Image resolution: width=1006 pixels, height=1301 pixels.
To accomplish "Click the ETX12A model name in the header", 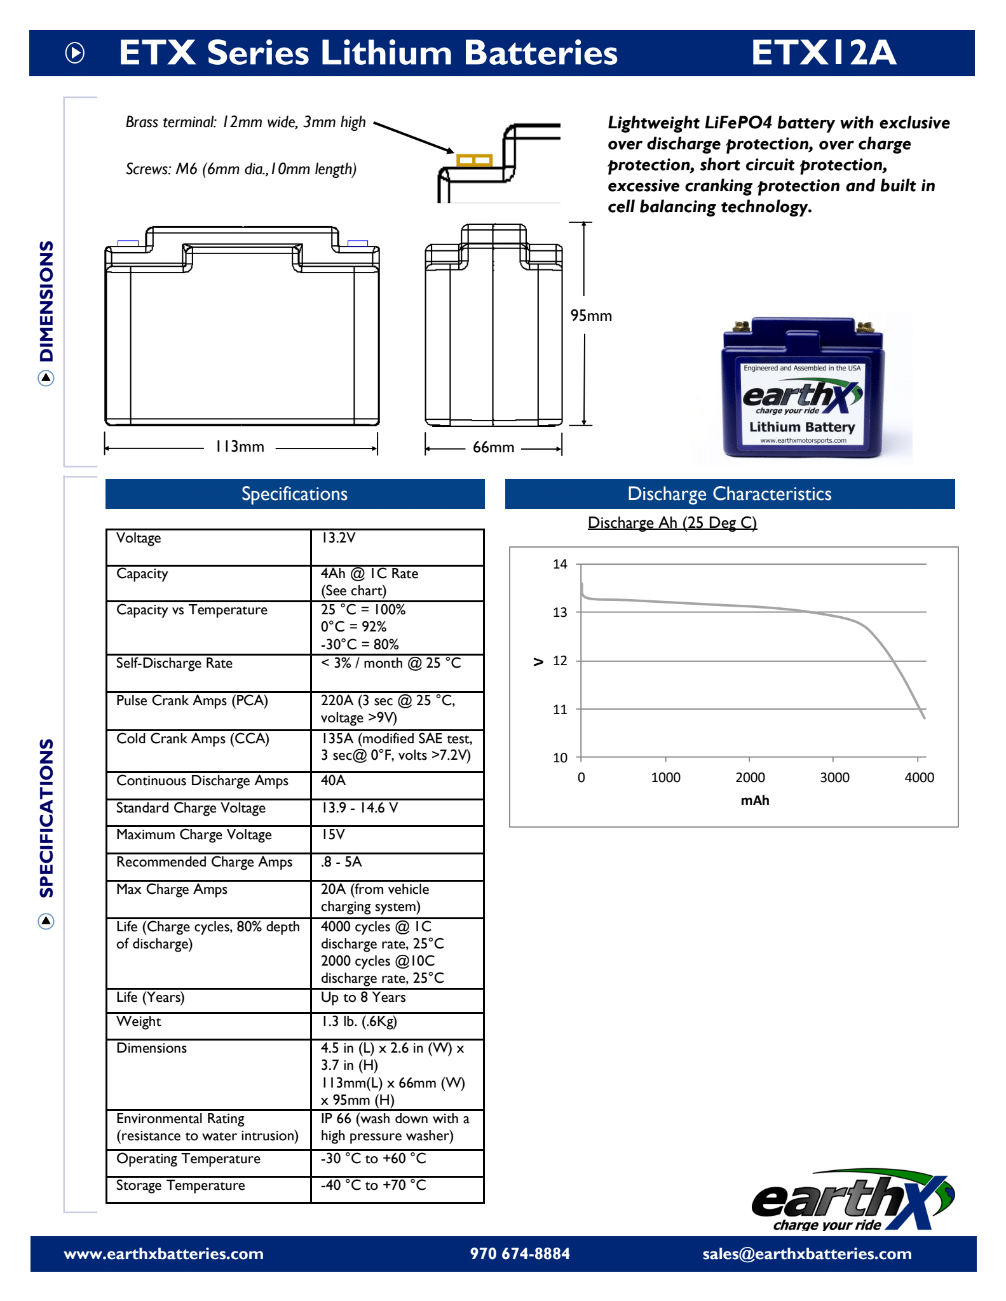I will tap(824, 53).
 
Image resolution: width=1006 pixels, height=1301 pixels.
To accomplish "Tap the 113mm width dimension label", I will tap(240, 447).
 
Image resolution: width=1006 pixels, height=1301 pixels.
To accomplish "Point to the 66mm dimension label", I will tap(493, 447).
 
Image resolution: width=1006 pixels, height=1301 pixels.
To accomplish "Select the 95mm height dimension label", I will tap(591, 316).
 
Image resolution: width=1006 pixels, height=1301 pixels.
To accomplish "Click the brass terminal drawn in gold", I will tap(474, 160).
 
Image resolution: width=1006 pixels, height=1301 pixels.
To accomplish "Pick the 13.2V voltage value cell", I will tap(338, 538).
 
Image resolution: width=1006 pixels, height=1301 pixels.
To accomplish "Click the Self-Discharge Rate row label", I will tap(174, 663).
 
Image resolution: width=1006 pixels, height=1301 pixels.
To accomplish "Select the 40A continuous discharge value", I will tap(333, 781).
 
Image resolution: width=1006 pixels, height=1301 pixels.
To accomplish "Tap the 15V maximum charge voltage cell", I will tap(332, 835).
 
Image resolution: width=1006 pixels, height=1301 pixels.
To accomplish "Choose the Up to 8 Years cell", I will tap(363, 997).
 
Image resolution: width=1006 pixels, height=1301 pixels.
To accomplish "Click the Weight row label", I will tap(139, 1021).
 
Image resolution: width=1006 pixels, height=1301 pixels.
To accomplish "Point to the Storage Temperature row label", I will tap(180, 1185).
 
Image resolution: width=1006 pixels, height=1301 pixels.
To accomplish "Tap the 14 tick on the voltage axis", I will tap(560, 564).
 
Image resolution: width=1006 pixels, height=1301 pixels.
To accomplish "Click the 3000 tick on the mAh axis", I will tap(834, 778).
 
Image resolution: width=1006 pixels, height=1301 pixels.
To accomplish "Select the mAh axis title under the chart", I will tap(754, 800).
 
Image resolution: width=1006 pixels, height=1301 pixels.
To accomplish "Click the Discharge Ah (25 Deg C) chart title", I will tap(672, 523).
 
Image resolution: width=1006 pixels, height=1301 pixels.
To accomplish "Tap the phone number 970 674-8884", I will tap(520, 1254).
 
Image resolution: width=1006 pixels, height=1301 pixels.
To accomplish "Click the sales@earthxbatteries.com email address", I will tap(806, 1254).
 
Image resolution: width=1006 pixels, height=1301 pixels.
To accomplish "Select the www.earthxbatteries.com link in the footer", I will tap(164, 1254).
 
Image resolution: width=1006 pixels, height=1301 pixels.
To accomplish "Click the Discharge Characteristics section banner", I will tap(730, 494).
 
